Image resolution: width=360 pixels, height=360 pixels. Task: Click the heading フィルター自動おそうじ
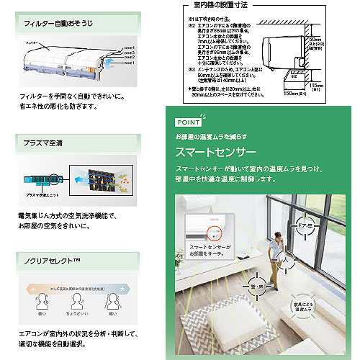point(53,23)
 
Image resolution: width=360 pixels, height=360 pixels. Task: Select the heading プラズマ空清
point(42,143)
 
